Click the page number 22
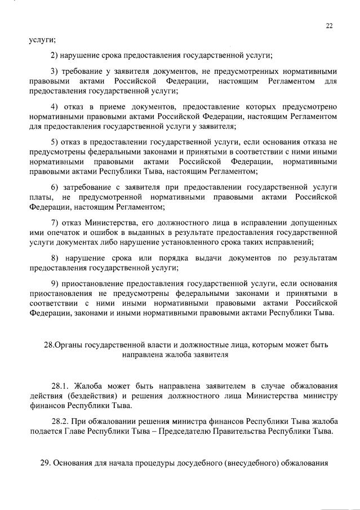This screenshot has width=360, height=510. pyautogui.click(x=329, y=25)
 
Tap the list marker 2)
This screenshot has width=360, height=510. pyautogui.click(x=55, y=55)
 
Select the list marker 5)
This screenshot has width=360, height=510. pyautogui.click(x=55, y=141)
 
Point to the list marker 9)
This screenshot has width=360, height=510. pyautogui.click(x=55, y=283)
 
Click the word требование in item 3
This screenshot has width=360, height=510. pyautogui.click(x=85, y=72)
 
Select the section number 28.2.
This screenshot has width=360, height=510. pyautogui.click(x=60, y=421)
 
